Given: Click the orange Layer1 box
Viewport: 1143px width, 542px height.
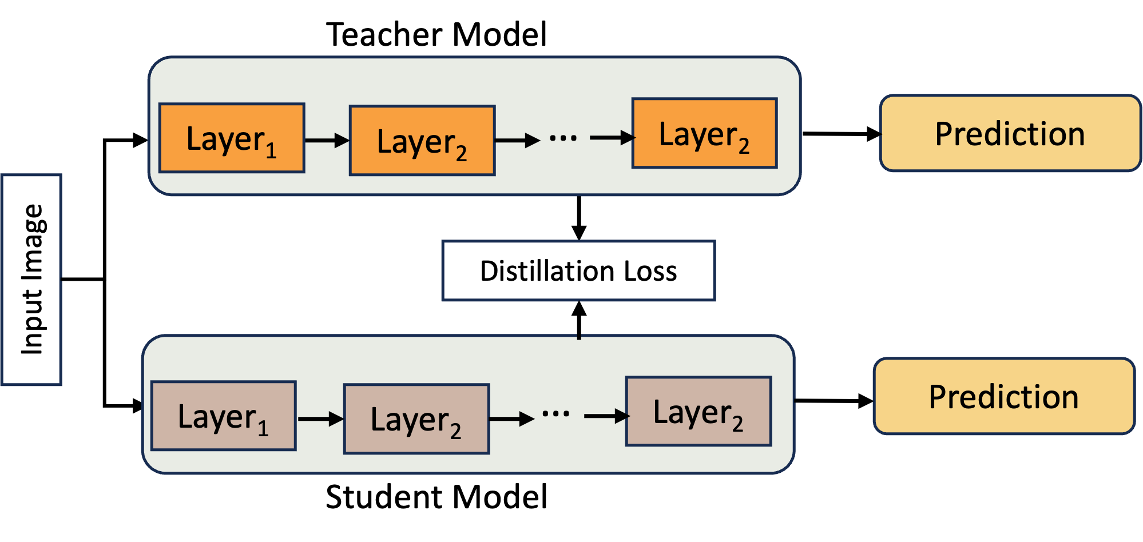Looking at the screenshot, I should coord(232,138).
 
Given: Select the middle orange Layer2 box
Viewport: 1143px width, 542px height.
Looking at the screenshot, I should coord(422,141).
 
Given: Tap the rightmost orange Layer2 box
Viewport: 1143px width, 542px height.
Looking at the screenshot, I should coord(704,133).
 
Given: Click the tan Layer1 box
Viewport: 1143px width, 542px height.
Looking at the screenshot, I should coord(224,416).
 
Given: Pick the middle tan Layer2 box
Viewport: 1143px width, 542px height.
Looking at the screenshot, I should coord(416,419).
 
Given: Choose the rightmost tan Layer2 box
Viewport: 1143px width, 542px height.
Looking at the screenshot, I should coord(698,411).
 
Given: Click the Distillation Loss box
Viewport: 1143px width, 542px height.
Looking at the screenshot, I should coord(578,270).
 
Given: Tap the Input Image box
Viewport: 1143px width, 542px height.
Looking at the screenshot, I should coord(31,280).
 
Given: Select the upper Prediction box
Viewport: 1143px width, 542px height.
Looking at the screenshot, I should coord(1010,133).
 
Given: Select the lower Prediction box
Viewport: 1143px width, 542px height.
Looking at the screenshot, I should coord(1003,396).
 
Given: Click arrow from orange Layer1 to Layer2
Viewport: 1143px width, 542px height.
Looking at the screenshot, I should coord(327,140).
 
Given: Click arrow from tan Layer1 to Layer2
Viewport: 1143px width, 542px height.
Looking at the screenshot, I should coord(320,419).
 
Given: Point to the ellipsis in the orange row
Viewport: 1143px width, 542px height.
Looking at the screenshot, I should coord(563,138).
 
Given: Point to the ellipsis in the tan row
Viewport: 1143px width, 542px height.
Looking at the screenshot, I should coord(555,414).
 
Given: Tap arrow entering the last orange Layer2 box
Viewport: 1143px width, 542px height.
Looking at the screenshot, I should coord(612,137).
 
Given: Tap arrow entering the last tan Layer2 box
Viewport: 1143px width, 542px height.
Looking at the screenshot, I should coord(606,416).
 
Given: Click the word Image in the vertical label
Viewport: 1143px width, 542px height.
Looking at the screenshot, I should coord(33,243).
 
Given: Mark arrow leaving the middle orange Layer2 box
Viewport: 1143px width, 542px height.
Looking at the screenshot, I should coord(517,140).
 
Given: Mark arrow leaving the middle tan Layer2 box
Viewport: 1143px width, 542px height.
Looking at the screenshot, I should coord(511,419).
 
